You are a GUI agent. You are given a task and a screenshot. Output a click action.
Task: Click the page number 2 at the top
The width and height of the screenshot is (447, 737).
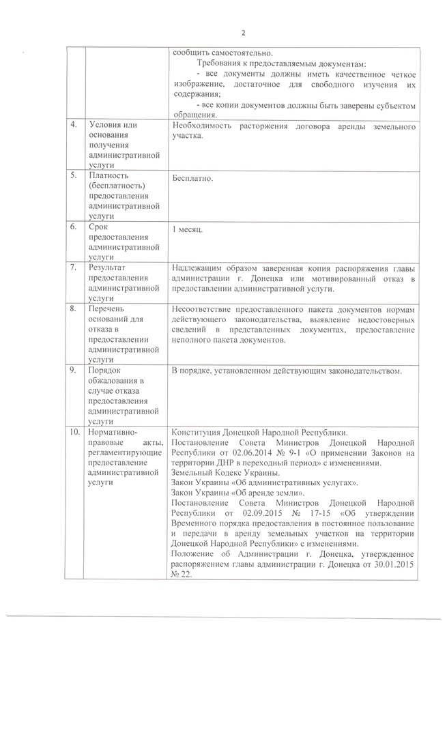tap(243, 32)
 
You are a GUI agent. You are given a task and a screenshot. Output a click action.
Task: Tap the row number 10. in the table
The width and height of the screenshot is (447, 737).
tap(74, 433)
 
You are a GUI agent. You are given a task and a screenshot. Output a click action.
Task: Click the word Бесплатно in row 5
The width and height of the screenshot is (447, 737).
tap(193, 179)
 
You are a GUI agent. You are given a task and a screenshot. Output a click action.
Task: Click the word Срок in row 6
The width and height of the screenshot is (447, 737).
tap(99, 227)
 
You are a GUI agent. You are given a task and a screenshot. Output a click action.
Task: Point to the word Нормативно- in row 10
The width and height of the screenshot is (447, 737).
tap(113, 433)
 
